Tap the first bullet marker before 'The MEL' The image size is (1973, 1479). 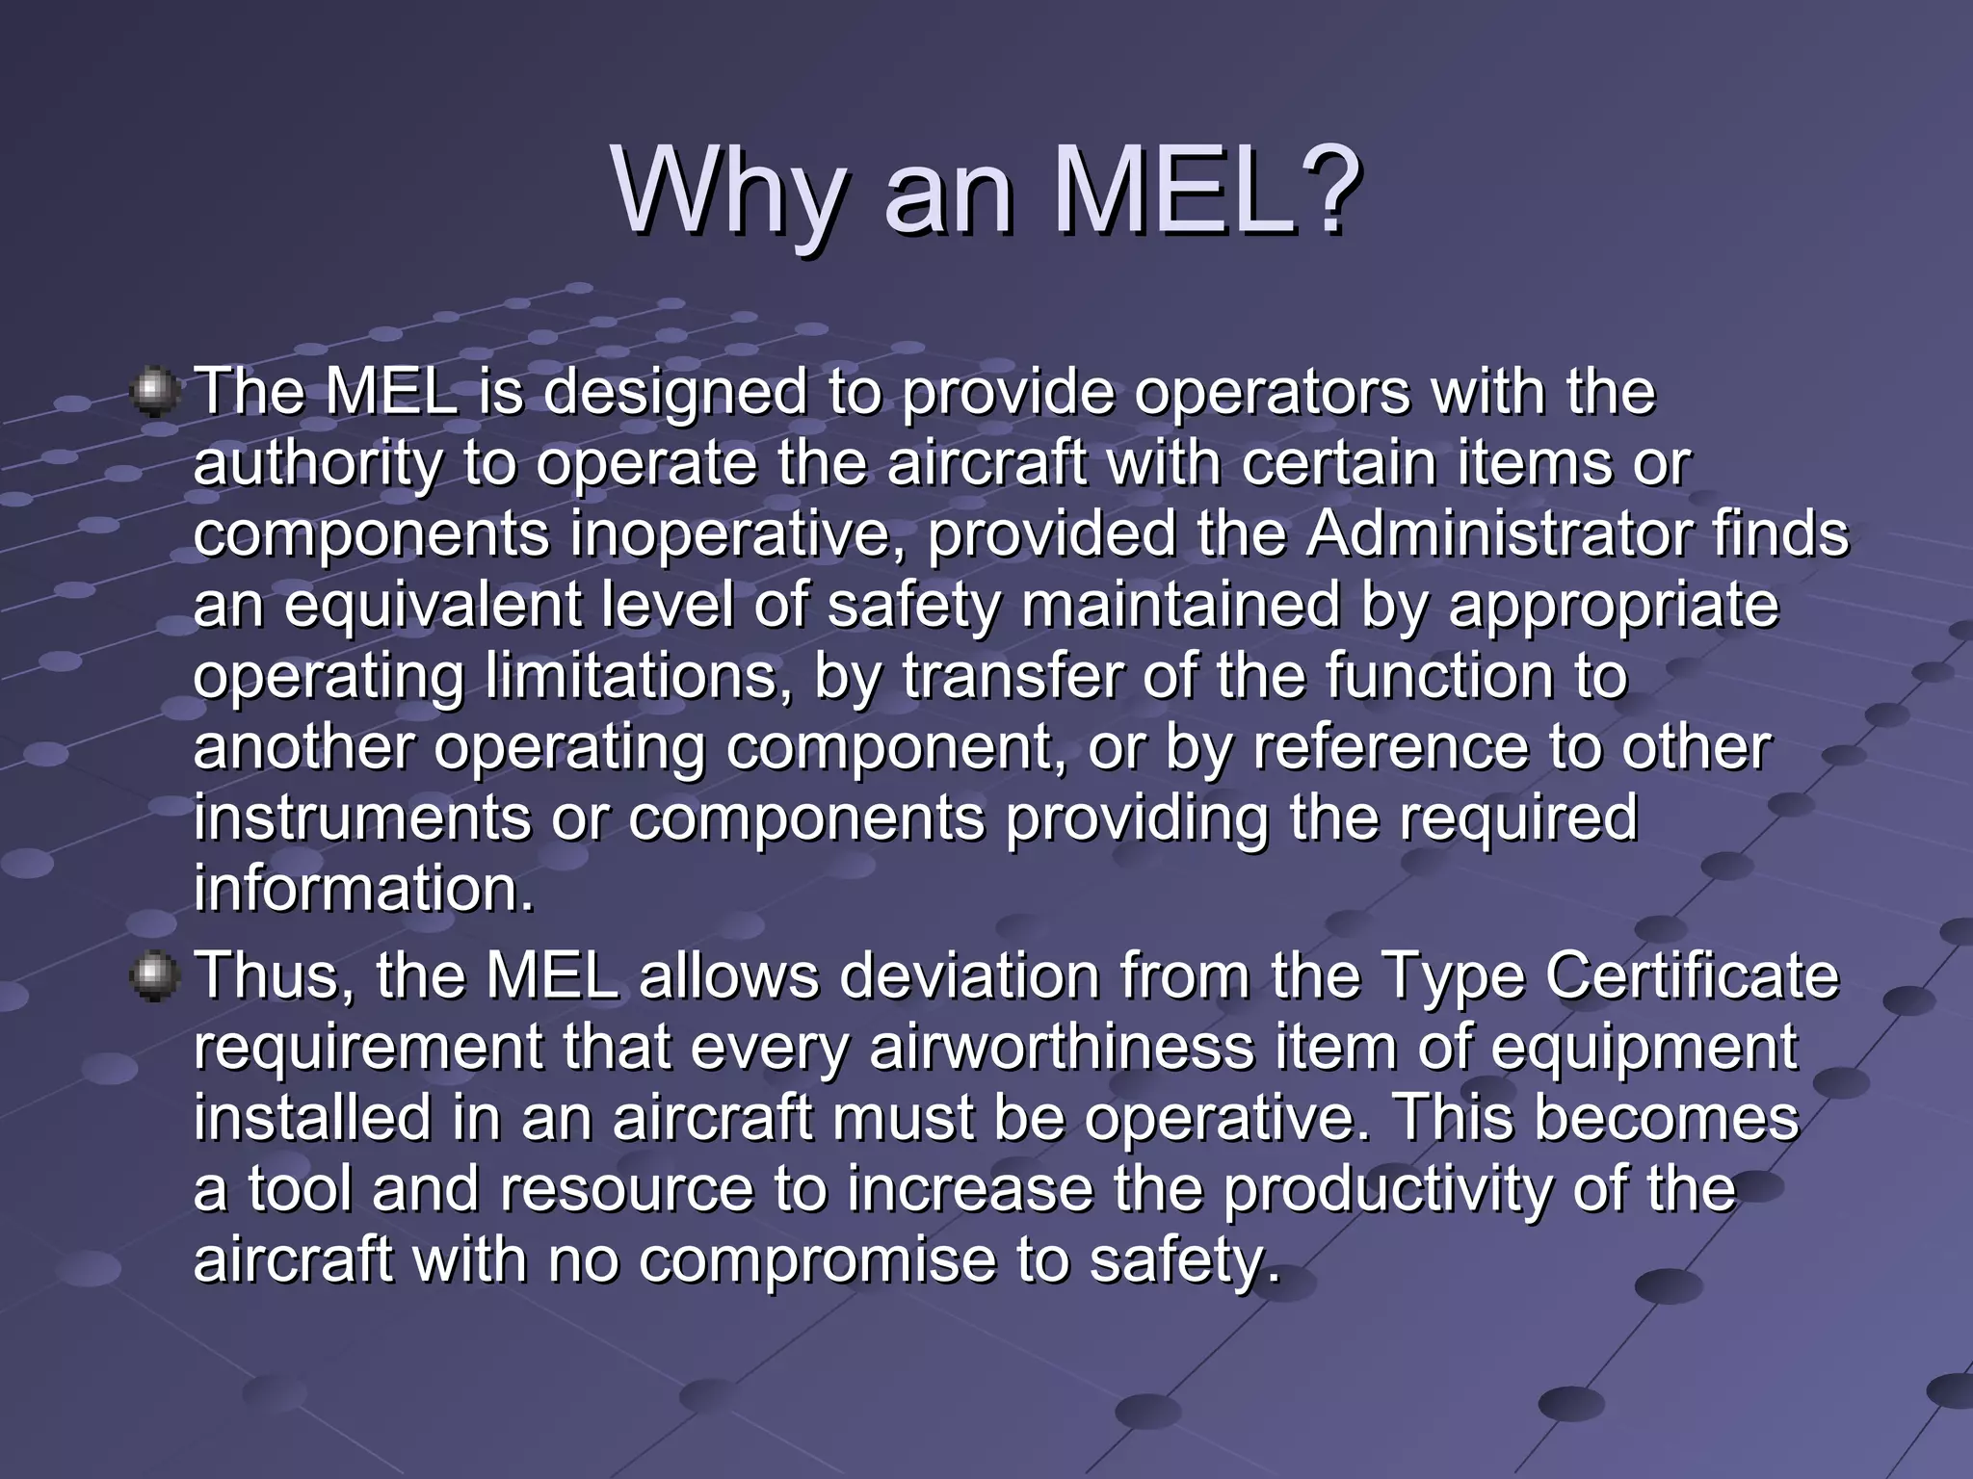pos(154,392)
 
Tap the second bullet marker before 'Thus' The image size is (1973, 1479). pos(154,976)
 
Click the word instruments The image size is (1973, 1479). pos(361,817)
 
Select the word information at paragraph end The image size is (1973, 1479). pos(362,888)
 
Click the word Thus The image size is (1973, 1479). pos(274,976)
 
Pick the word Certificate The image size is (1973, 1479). pos(1693,976)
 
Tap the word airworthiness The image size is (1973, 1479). pos(1062,1048)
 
